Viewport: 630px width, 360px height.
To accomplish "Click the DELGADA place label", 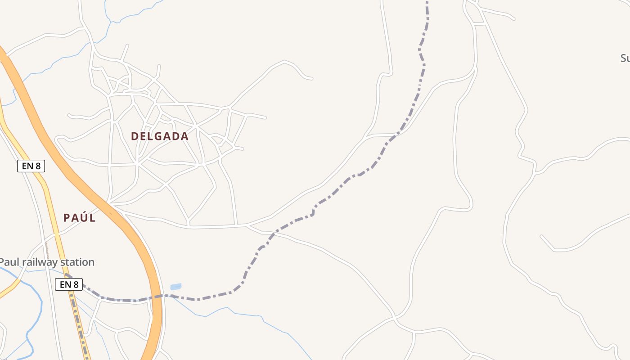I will point(160,136).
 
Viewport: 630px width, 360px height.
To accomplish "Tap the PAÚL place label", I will point(80,218).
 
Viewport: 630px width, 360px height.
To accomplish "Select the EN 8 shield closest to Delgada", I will point(31,166).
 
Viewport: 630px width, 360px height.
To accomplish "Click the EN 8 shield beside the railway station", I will point(69,284).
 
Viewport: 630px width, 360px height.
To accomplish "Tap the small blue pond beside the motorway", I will point(176,287).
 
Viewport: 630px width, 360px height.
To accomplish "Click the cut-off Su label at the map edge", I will point(625,58).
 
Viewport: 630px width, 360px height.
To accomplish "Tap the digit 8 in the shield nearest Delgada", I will point(38,166).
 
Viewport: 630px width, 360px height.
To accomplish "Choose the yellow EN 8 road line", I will point(51,211).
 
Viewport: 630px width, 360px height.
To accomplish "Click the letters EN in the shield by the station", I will point(65,284).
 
